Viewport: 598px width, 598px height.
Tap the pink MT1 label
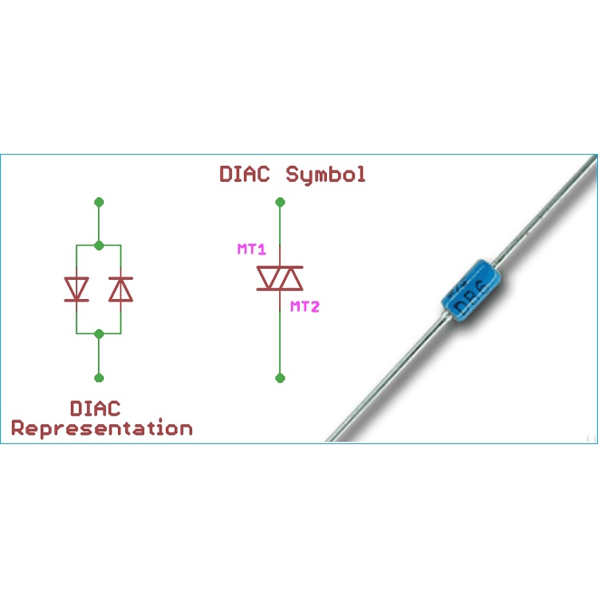pos(251,250)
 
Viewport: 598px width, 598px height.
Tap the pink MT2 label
pos(305,306)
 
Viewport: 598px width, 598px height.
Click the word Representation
pos(102,428)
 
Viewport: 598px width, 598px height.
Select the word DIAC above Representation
pos(95,408)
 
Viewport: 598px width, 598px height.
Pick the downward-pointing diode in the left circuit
pos(77,289)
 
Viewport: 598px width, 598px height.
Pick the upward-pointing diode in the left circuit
pos(120,289)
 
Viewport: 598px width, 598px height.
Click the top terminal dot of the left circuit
pos(99,203)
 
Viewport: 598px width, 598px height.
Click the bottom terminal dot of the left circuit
pos(99,377)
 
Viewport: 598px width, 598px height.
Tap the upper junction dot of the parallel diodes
pos(99,245)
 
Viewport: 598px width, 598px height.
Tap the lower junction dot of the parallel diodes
pos(99,333)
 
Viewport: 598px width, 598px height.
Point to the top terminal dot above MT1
pos(280,203)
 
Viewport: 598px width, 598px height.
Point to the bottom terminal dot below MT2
pos(280,377)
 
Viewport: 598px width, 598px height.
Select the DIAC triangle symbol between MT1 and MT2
pos(280,278)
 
